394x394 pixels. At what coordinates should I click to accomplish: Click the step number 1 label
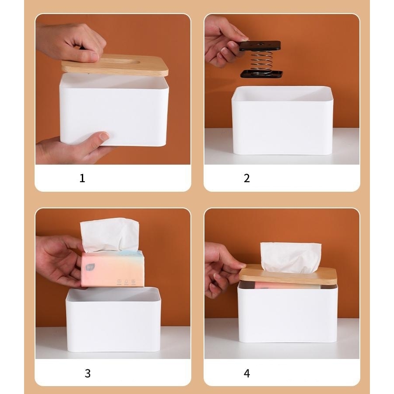point(82,178)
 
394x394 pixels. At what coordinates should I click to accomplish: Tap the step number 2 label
point(247,178)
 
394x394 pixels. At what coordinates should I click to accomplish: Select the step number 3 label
point(88,373)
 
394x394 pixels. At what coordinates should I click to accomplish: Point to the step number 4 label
point(247,373)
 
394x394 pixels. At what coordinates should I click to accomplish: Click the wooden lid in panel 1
point(115,65)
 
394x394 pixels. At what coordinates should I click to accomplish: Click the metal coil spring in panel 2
point(261,62)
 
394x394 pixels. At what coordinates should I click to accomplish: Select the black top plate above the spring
point(260,46)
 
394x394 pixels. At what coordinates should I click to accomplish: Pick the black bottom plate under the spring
point(262,74)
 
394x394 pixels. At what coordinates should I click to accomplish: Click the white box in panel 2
point(282,120)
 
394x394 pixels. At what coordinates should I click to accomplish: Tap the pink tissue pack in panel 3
point(113,269)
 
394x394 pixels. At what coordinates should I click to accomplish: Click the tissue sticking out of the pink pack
point(110,235)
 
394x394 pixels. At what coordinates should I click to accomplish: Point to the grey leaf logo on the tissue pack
point(88,267)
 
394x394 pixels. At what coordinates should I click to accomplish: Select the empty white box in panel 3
point(113,319)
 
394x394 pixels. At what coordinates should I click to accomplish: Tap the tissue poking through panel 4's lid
point(291,257)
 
